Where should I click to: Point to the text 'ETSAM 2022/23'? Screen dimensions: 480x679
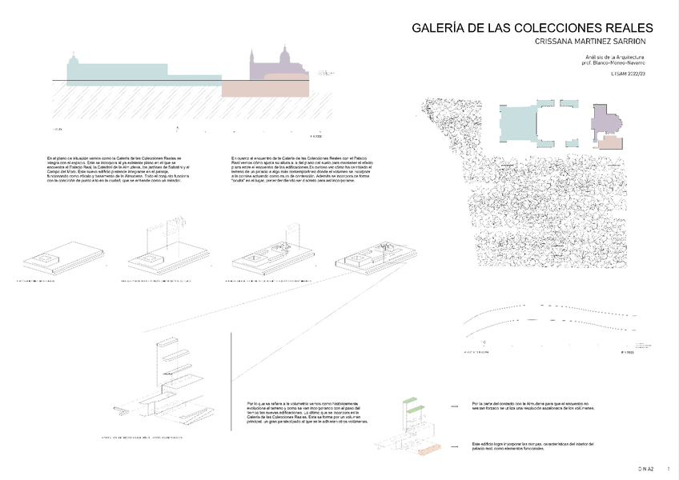(628, 74)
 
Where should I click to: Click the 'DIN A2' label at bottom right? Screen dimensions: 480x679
(646, 467)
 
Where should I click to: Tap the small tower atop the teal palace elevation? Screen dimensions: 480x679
(74, 61)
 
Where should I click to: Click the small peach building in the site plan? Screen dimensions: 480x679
(610, 142)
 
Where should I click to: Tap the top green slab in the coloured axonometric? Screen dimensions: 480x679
(410, 399)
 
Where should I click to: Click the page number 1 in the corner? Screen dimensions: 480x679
(669, 467)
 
